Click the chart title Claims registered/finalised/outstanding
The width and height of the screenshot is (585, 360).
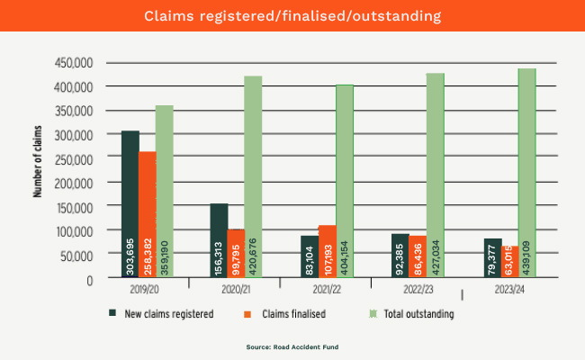pyautogui.click(x=292, y=15)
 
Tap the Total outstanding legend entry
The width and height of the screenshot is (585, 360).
pyautogui.click(x=415, y=314)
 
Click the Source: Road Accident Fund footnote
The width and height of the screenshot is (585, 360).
pyautogui.click(x=292, y=346)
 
